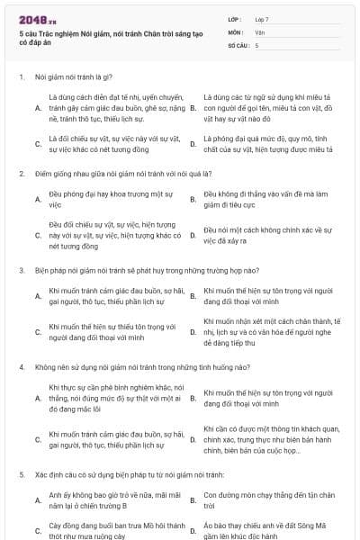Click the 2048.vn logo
pyautogui.click(x=33, y=19)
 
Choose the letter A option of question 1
pyautogui.click(x=38, y=108)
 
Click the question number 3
pyautogui.click(x=21, y=269)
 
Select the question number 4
pyautogui.click(x=21, y=367)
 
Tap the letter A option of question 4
pyautogui.click(x=38, y=397)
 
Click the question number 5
pyautogui.click(x=21, y=474)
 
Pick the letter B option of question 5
pyautogui.click(x=193, y=499)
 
